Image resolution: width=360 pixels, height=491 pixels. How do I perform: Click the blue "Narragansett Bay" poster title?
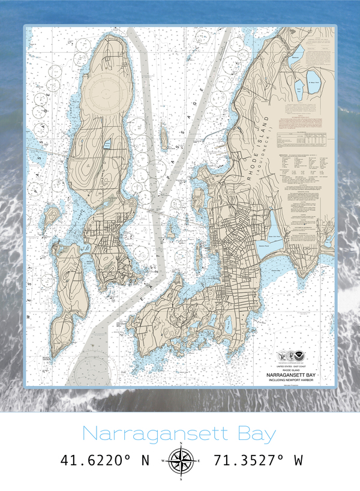coord(179,433)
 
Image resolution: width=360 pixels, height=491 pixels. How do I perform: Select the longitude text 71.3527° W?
coord(257,460)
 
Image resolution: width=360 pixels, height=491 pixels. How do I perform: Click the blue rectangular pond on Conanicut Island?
coord(107,144)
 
